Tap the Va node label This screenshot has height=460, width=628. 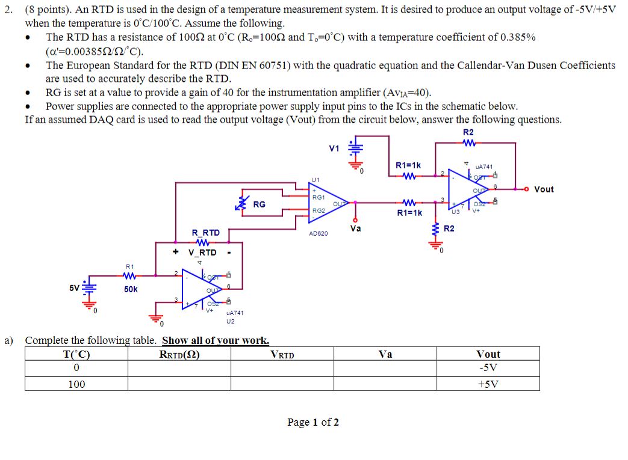tap(355, 228)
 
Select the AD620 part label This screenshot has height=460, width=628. tap(318, 233)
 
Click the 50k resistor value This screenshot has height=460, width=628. tap(131, 289)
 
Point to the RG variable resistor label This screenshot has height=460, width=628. tap(259, 204)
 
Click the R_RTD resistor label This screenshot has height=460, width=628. tap(205, 232)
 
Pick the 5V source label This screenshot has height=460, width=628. tap(74, 287)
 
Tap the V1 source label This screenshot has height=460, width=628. tap(334, 149)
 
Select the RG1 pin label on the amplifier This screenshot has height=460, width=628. tap(319, 197)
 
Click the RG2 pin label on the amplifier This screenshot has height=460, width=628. tap(319, 210)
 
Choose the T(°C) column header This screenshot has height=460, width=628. tap(76, 354)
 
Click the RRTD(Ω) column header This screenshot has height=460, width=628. tap(179, 354)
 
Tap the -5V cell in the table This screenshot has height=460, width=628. tap(487, 368)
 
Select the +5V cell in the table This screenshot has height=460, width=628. tap(487, 384)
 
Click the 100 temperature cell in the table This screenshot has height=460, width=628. tap(76, 384)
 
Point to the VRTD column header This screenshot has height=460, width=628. tap(282, 354)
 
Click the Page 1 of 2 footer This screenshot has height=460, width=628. tap(313, 422)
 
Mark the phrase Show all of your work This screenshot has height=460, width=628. tap(216, 340)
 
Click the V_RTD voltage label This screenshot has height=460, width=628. tap(202, 253)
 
